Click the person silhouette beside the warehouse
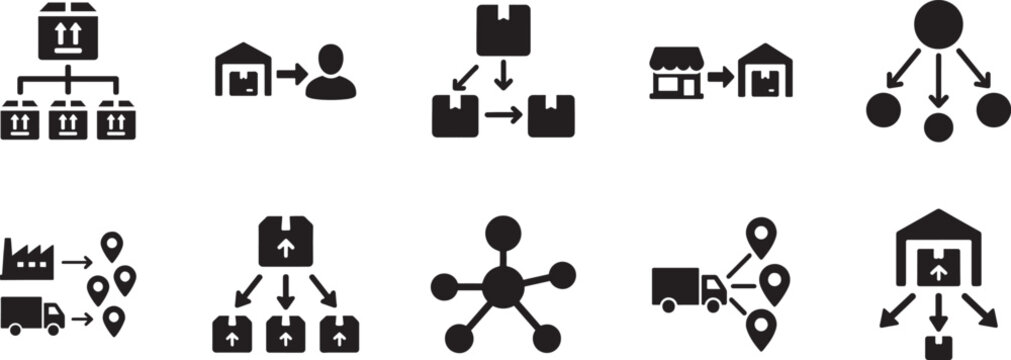330,75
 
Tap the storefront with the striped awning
675,72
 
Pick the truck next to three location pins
688,288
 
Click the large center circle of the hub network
503,286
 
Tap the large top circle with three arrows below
937,24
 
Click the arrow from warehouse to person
290,74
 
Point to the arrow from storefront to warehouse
720,74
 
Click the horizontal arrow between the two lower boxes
502,115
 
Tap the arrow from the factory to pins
76,262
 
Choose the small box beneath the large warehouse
937,348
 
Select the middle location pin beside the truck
774,282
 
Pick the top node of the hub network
503,230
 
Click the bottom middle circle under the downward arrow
937,127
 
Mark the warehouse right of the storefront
765,72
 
